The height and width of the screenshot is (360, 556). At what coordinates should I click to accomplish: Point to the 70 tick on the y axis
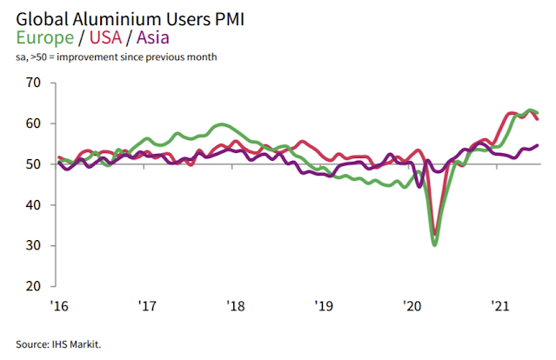point(34,83)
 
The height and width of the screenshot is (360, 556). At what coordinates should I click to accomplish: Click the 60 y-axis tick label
point(34,123)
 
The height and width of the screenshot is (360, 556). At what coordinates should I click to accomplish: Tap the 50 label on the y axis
point(34,164)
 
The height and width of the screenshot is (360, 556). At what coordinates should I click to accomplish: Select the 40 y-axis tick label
point(34,205)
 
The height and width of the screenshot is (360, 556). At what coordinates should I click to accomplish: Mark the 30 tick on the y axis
point(34,245)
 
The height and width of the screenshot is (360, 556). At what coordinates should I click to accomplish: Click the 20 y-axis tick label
point(34,286)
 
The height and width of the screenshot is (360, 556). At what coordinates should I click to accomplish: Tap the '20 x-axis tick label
point(412,306)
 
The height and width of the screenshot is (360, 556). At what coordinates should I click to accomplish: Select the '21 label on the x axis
point(500,306)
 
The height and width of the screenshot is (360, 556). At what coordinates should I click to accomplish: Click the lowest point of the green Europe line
point(435,244)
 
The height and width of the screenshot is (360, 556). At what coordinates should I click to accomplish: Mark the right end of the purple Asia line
point(537,145)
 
